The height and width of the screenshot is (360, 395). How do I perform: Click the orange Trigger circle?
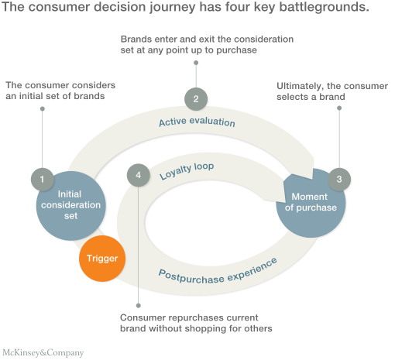pos(102,259)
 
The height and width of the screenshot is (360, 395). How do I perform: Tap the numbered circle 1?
pos(43,180)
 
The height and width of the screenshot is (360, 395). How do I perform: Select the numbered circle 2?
pos(196,99)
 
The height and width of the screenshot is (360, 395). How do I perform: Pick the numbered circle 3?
pos(339,180)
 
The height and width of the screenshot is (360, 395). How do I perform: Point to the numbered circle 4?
pos(139,175)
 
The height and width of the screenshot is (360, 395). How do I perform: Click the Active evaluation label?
pos(197,122)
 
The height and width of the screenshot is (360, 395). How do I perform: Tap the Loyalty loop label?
pos(187,170)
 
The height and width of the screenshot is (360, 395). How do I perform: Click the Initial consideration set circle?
pos(70,206)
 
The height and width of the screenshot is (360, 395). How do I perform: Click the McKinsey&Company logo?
pos(43,352)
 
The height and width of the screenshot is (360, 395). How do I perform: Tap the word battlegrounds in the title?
pos(325,7)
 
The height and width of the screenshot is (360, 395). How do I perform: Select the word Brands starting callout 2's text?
pos(136,39)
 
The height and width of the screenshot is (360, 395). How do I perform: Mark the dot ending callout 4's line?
pos(139,306)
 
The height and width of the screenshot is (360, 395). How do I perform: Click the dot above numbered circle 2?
pos(196,63)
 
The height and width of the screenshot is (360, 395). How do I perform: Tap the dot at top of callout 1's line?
pos(43,109)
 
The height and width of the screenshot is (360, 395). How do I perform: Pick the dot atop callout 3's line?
pos(339,108)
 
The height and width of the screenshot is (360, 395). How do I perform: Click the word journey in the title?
pos(173,7)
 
